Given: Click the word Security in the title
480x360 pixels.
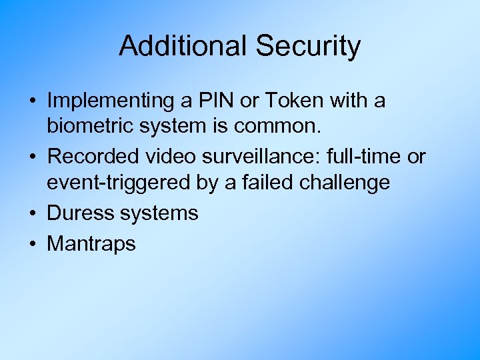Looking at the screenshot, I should (307, 46).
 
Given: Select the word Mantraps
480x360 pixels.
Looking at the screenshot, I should (91, 244).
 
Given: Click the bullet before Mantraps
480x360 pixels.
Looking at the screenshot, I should (33, 244).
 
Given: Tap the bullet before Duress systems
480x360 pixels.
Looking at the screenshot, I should (33, 213).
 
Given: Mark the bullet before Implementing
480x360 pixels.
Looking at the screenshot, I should (33, 102).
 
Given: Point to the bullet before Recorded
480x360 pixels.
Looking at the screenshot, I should (33, 157).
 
